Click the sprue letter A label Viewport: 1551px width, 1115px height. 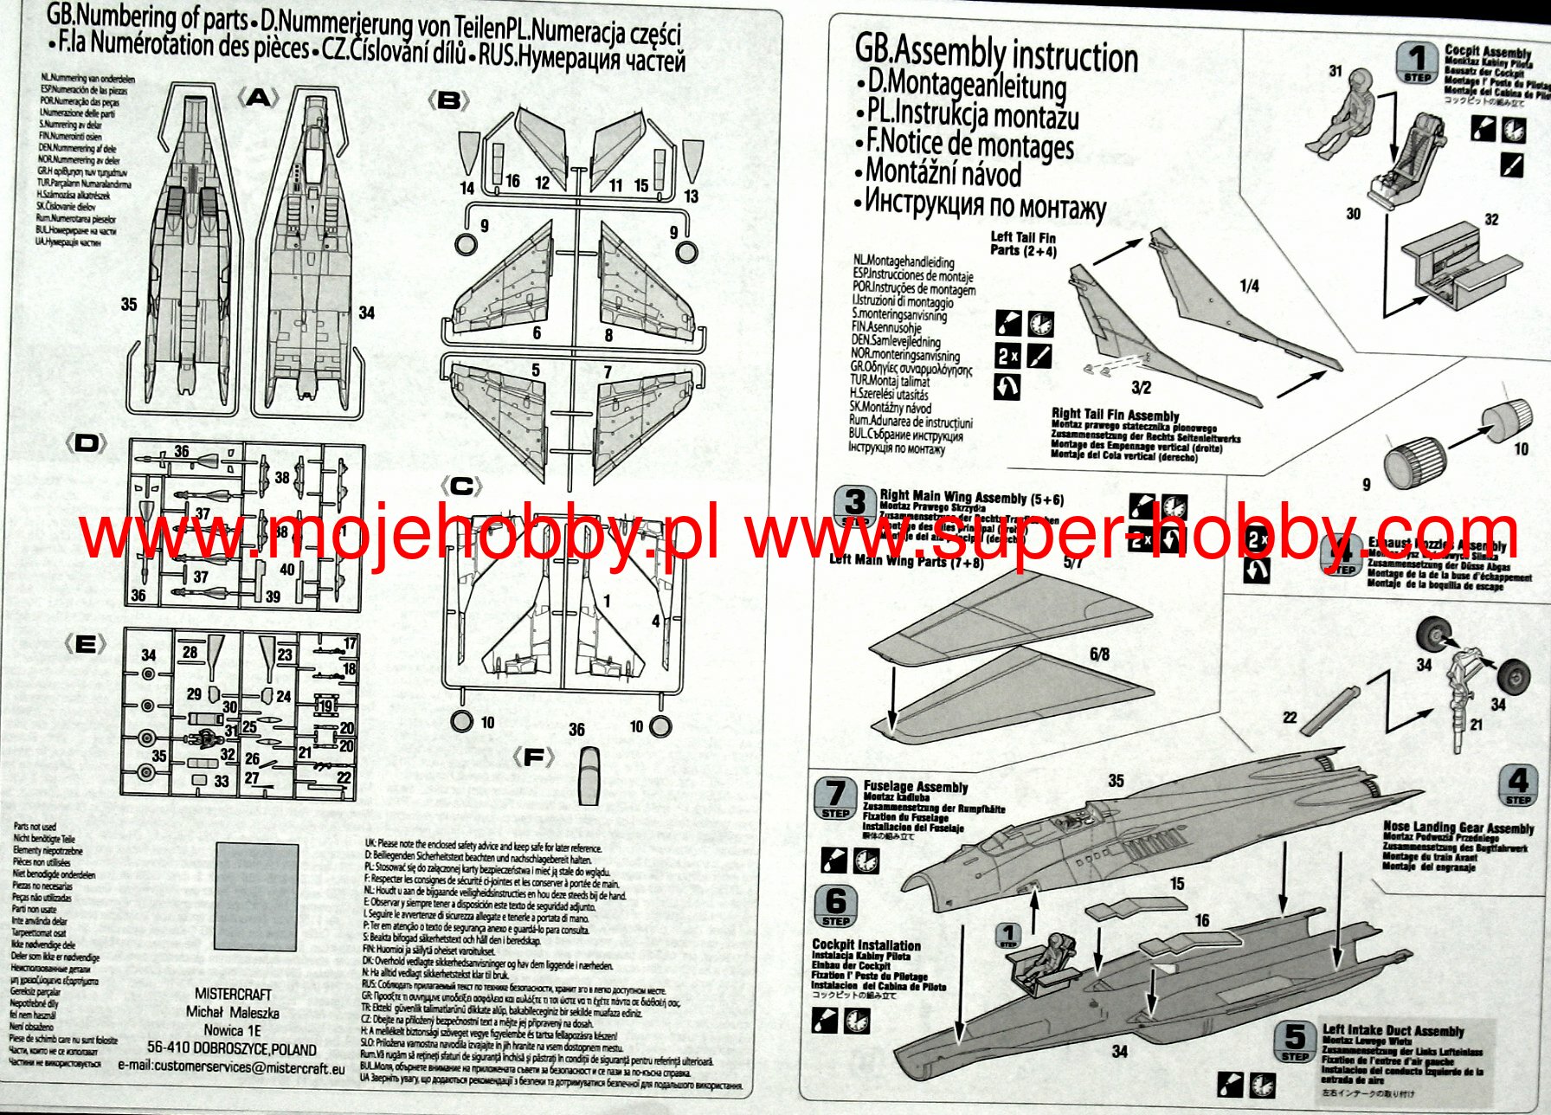[x=258, y=98]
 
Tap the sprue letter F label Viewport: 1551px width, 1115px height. [x=533, y=758]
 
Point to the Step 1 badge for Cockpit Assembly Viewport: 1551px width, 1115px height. [x=1417, y=62]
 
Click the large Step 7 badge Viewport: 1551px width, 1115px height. [x=835, y=797]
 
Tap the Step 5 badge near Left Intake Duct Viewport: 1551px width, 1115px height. [x=1295, y=1041]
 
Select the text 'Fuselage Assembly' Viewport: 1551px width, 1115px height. [x=915, y=787]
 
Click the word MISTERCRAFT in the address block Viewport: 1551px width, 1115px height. [x=233, y=995]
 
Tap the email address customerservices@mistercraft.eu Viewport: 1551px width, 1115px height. [x=231, y=1067]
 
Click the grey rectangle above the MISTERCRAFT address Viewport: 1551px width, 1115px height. [x=255, y=897]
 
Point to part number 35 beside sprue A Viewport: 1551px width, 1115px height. [x=129, y=304]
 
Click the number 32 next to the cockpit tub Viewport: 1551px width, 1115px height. [x=1491, y=220]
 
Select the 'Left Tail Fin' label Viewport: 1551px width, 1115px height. [x=1023, y=237]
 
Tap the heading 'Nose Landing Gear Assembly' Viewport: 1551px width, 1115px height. [x=1458, y=828]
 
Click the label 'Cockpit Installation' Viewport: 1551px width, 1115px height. [x=866, y=945]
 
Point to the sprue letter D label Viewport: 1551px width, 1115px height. [x=87, y=444]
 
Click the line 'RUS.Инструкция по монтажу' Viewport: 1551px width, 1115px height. [x=985, y=205]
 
